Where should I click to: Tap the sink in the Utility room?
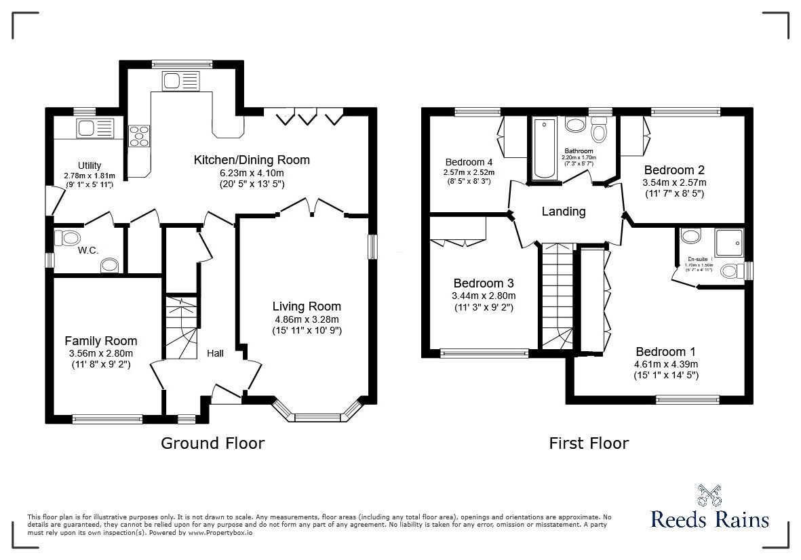tap(95, 127)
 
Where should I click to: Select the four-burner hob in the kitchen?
tap(140, 136)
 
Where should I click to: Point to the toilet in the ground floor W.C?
tap(68, 238)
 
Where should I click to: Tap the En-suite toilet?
tap(730, 271)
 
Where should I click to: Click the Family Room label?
tap(101, 341)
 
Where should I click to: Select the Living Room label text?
tap(307, 306)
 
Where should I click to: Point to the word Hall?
tap(215, 353)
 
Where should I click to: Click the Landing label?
tap(563, 212)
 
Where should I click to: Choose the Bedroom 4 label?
tap(469, 162)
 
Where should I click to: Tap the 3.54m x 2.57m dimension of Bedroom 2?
tap(674, 182)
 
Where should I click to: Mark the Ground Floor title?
tap(212, 443)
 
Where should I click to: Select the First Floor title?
tap(589, 443)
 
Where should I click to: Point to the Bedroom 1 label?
tap(665, 352)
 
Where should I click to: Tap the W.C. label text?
tap(88, 251)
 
